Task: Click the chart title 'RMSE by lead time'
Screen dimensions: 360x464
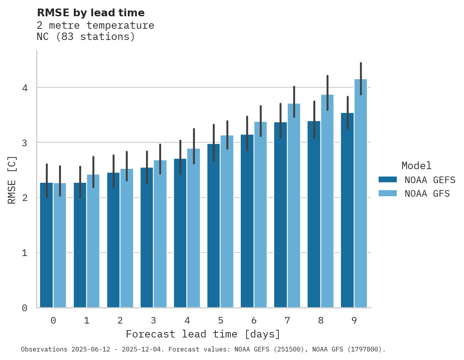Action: pyautogui.click(x=90, y=13)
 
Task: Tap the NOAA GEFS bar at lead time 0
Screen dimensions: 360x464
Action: pyautogui.click(x=46, y=245)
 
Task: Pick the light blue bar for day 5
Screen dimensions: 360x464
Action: pyautogui.click(x=227, y=221)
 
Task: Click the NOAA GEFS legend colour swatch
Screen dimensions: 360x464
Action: pyautogui.click(x=388, y=180)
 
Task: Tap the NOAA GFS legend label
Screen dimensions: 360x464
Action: pyautogui.click(x=427, y=194)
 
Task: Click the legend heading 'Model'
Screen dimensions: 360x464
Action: pyautogui.click(x=416, y=166)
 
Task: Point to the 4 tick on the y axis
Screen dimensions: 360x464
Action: pyautogui.click(x=24, y=88)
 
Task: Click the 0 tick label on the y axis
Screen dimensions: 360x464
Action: pyautogui.click(x=24, y=308)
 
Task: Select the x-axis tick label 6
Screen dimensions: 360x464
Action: pyautogui.click(x=254, y=321)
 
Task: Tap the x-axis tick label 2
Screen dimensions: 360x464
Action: pyautogui.click(x=120, y=321)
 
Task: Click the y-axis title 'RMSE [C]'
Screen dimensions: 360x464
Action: pyautogui.click(x=12, y=180)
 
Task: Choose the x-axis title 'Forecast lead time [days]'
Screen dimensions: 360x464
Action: pyautogui.click(x=203, y=334)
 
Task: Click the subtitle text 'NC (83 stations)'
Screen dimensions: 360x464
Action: pyautogui.click(x=86, y=37)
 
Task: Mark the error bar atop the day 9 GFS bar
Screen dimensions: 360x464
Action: pyautogui.click(x=361, y=78)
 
